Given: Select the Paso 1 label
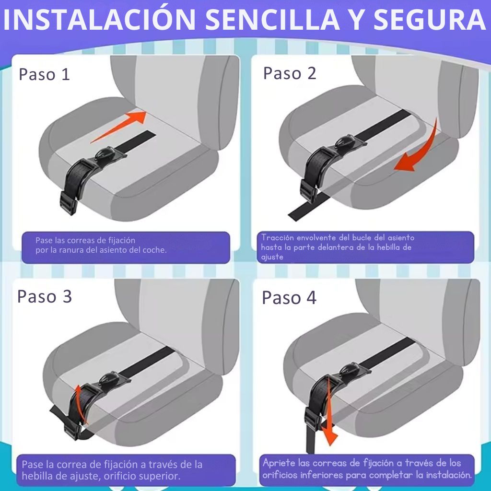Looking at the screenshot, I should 44,74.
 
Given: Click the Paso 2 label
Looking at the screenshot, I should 290,73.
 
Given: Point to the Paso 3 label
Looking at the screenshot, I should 45,296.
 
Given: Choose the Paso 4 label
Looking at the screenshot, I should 289,298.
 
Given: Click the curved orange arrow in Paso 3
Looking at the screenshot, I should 78,403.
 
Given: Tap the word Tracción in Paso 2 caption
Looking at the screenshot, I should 278,238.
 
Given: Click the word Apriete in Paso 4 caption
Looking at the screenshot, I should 279,463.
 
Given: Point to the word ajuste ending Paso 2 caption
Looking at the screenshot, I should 272,257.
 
